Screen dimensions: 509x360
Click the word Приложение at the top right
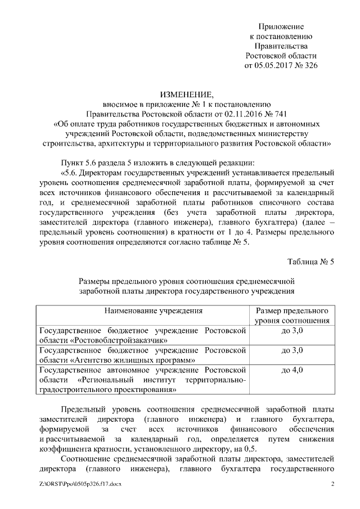tap(281, 26)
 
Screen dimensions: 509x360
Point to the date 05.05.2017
tap(273, 66)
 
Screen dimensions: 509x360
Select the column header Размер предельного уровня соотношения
tap(292, 316)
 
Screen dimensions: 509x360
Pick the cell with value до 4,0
tap(292, 370)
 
